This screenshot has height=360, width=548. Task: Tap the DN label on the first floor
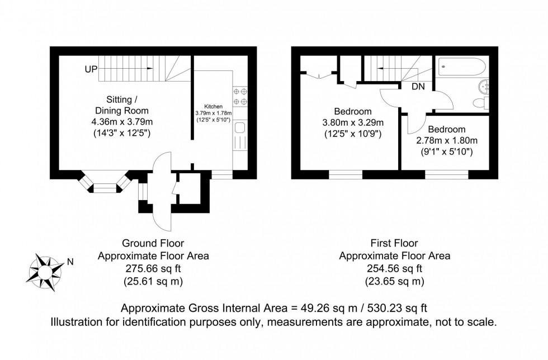coord(418,87)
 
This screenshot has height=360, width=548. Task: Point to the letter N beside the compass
coord(70,261)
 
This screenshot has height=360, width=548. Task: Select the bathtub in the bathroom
coord(462,68)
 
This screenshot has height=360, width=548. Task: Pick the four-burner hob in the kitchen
coord(240,96)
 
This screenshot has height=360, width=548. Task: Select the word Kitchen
coord(213,106)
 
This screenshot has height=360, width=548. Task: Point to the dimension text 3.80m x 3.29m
coord(353,122)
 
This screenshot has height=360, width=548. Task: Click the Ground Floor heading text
coord(153,243)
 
